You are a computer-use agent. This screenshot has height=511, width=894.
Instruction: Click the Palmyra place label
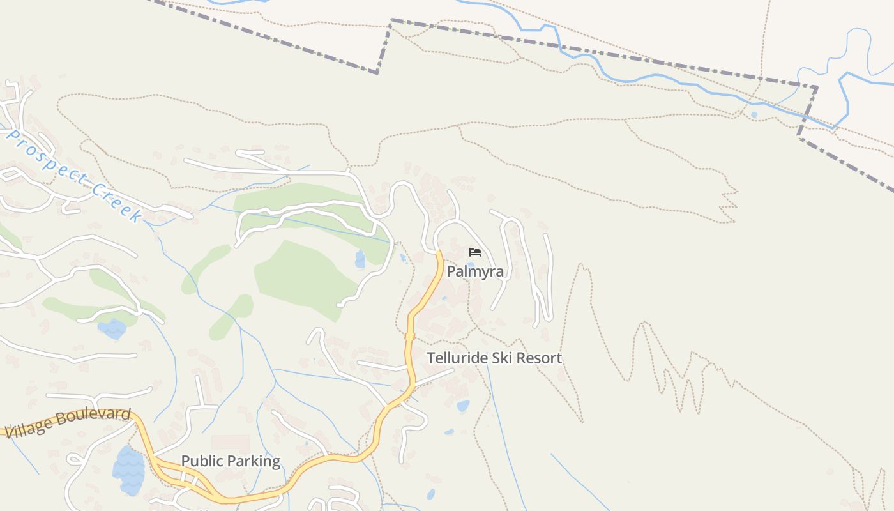pyautogui.click(x=475, y=271)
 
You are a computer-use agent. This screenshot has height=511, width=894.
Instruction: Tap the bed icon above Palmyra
pyautogui.click(x=474, y=252)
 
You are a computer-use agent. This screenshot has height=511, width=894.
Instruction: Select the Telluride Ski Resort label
pyautogui.click(x=494, y=358)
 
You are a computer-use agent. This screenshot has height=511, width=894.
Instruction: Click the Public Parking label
pyautogui.click(x=231, y=461)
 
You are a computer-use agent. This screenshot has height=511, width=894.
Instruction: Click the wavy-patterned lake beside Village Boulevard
pyautogui.click(x=129, y=471)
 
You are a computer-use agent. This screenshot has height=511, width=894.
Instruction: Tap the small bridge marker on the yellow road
pyautogui.click(x=410, y=337)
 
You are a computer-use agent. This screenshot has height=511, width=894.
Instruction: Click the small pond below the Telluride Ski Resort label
pyautogui.click(x=463, y=406)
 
